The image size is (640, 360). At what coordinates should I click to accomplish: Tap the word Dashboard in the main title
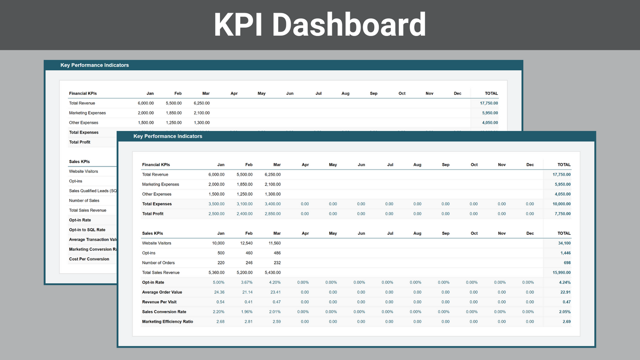click(x=349, y=25)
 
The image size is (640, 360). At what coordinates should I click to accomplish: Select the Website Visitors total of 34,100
click(x=564, y=243)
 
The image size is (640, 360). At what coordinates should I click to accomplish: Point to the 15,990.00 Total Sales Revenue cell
click(x=561, y=272)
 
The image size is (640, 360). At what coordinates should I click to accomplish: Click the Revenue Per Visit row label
click(x=159, y=302)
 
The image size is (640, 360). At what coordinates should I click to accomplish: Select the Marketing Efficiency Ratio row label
click(x=167, y=321)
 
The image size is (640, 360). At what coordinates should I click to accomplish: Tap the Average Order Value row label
click(x=162, y=292)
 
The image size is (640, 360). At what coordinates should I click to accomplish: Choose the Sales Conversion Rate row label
click(x=164, y=312)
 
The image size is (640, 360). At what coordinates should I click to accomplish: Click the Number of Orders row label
click(x=158, y=263)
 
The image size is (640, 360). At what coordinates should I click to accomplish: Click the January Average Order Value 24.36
click(x=219, y=292)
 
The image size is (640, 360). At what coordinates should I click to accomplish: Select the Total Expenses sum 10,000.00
click(x=561, y=204)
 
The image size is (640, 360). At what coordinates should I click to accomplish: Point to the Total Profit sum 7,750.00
click(x=562, y=214)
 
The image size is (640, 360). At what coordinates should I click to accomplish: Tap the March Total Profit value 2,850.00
click(x=272, y=214)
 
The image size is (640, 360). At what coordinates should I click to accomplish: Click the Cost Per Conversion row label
click(x=89, y=259)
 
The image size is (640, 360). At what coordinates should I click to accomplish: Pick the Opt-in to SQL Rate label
click(x=87, y=230)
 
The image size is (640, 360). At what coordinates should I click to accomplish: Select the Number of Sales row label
click(x=84, y=201)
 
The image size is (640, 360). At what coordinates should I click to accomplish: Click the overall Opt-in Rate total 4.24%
click(x=565, y=283)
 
